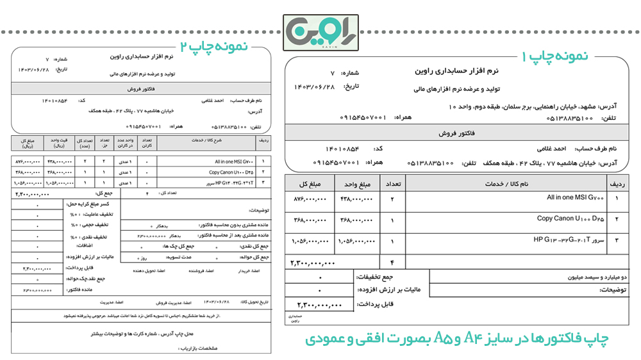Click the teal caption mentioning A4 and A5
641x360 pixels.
(x=457, y=338)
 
